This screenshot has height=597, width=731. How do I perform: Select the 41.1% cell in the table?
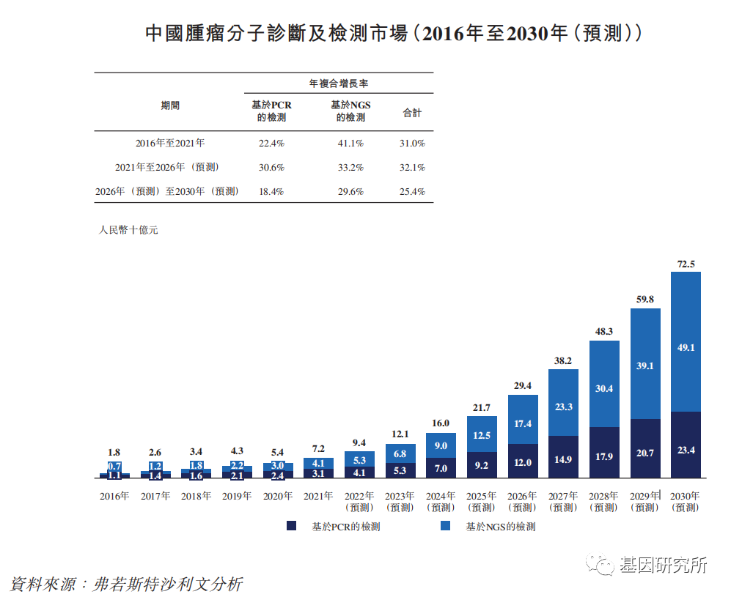(350, 144)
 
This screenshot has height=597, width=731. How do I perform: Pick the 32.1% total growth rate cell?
(412, 168)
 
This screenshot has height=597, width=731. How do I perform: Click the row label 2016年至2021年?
(170, 144)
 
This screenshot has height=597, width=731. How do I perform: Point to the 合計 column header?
(412, 113)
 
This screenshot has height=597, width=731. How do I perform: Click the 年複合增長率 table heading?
(338, 83)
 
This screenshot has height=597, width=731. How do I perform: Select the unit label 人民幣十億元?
(128, 230)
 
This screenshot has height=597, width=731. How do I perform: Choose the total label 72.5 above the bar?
(686, 264)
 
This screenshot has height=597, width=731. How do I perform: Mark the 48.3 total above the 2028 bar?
(604, 332)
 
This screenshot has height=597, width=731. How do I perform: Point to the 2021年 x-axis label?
(319, 496)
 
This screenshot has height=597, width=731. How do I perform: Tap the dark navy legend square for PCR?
(291, 526)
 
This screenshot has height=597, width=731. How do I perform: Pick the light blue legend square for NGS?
(444, 526)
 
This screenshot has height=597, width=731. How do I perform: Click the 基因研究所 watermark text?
(663, 565)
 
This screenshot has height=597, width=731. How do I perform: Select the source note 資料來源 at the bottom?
(126, 584)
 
